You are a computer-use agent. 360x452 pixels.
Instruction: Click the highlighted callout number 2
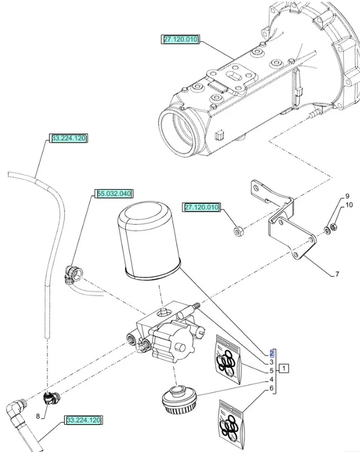tap(272, 353)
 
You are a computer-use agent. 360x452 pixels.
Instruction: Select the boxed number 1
tap(285, 370)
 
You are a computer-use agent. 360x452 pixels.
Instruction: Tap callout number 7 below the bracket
tap(337, 274)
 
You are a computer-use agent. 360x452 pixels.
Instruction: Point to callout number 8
tap(38, 417)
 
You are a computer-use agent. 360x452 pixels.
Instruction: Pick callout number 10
tap(349, 205)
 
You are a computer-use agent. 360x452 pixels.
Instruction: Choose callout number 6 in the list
tap(272, 388)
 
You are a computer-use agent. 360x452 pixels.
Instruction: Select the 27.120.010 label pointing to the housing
tap(181, 39)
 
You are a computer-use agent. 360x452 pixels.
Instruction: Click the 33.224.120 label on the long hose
tap(69, 138)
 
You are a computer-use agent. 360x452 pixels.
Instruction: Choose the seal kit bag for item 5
tap(228, 361)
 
